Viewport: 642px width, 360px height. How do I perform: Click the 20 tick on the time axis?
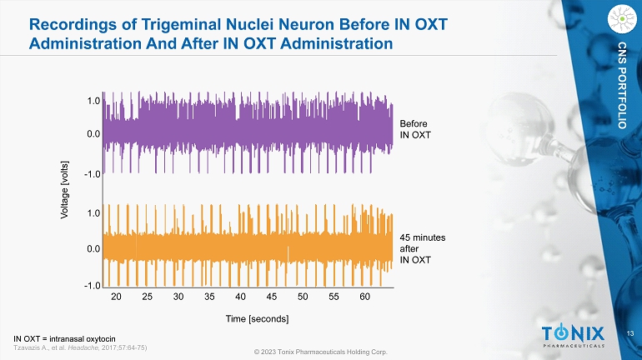(117, 296)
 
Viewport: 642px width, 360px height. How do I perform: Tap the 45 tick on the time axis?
(272, 296)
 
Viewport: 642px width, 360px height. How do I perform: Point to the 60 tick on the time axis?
(364, 296)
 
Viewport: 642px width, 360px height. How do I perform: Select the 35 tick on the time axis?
(209, 296)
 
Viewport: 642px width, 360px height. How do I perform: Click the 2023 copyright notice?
(321, 352)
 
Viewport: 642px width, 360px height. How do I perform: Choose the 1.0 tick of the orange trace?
(94, 213)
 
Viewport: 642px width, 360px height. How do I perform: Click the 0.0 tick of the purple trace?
(94, 133)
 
